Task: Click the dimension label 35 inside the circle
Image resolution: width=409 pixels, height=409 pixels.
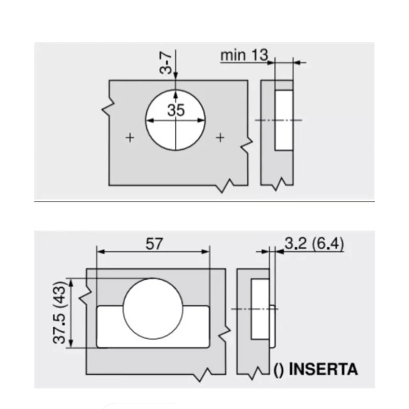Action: click(175, 110)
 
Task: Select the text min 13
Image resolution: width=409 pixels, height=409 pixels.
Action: click(244, 55)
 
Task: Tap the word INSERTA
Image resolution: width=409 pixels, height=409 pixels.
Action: click(324, 369)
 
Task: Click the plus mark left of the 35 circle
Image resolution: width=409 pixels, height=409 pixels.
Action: click(130, 137)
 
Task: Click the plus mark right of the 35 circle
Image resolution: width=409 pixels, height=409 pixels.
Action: click(220, 137)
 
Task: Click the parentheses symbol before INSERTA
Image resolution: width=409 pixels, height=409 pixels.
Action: click(279, 369)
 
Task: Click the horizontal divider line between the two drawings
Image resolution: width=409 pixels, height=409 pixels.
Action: click(204, 201)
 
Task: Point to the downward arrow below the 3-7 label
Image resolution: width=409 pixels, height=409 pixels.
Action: click(175, 76)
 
